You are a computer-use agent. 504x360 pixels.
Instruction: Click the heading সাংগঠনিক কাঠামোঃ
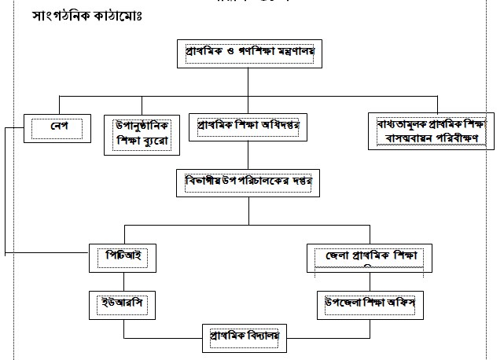[x=94, y=16]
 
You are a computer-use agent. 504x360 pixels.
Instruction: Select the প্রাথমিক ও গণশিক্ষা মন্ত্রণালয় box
[x=249, y=53]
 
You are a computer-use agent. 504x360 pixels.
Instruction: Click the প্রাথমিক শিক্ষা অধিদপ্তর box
[x=249, y=126]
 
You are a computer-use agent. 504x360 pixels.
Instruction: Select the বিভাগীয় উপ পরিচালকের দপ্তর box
[x=249, y=182]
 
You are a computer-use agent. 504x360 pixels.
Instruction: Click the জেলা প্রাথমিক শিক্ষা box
[x=364, y=257]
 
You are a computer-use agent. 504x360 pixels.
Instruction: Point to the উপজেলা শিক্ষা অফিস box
[x=364, y=302]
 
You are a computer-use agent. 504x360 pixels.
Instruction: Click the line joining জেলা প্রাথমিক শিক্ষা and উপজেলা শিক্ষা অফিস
[x=364, y=283]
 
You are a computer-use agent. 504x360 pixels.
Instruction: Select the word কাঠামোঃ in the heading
[x=123, y=16]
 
